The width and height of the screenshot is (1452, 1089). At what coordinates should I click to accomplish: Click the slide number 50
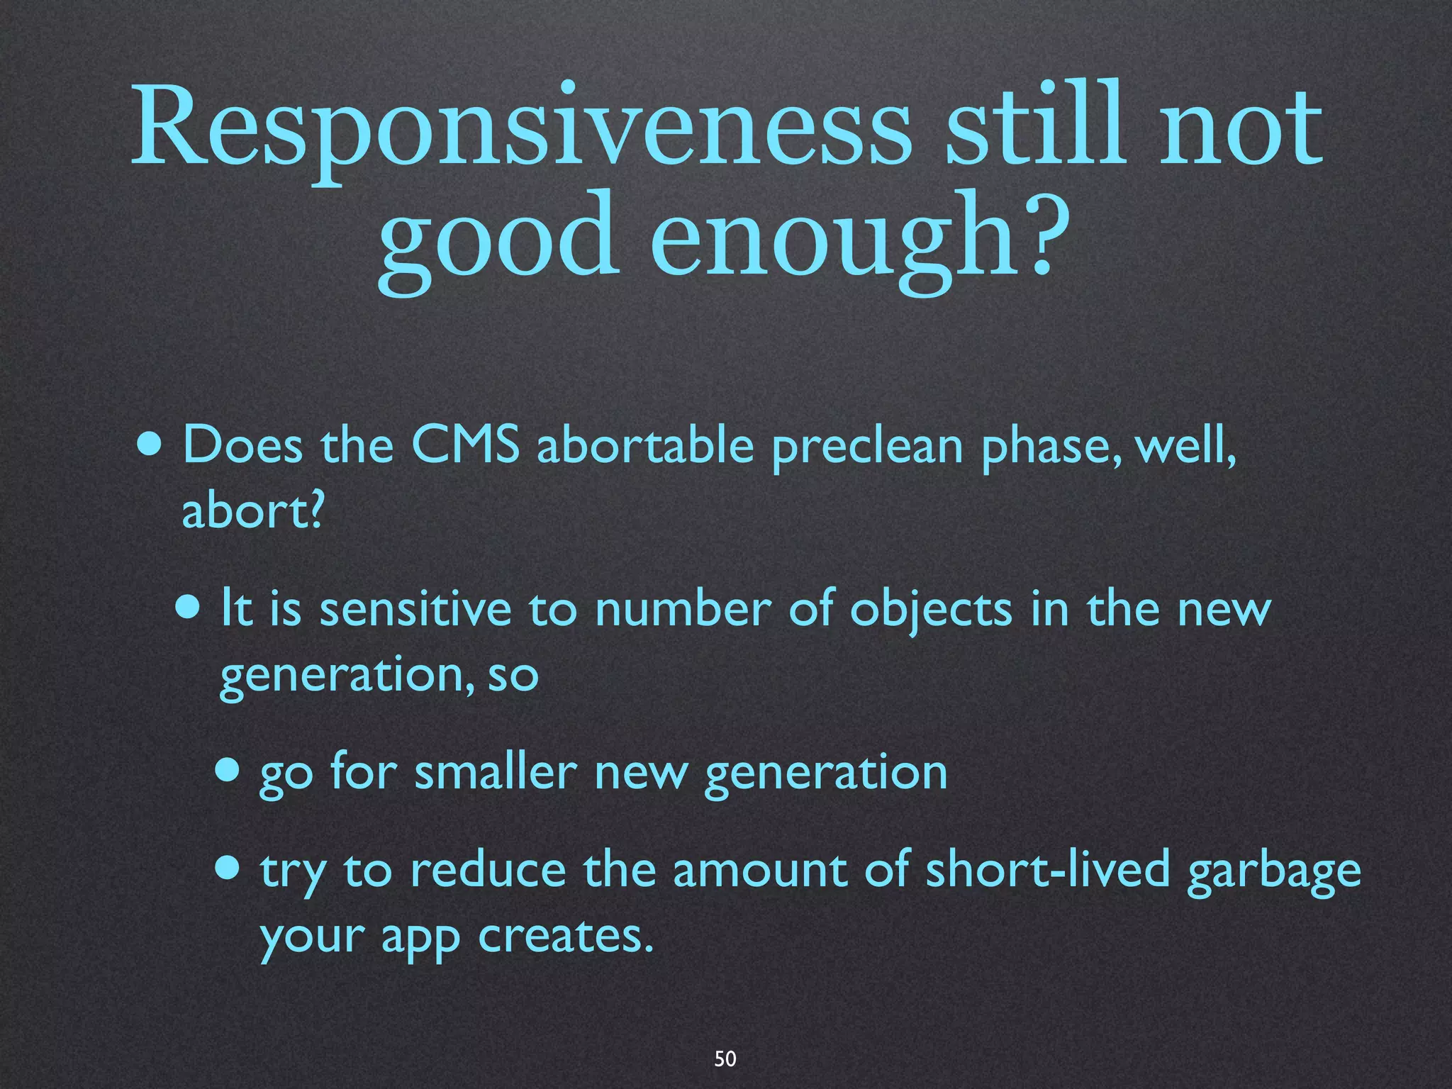click(x=725, y=1059)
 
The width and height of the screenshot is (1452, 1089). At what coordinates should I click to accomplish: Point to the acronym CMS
click(x=466, y=446)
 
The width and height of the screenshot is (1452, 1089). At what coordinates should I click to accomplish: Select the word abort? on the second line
click(x=253, y=510)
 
